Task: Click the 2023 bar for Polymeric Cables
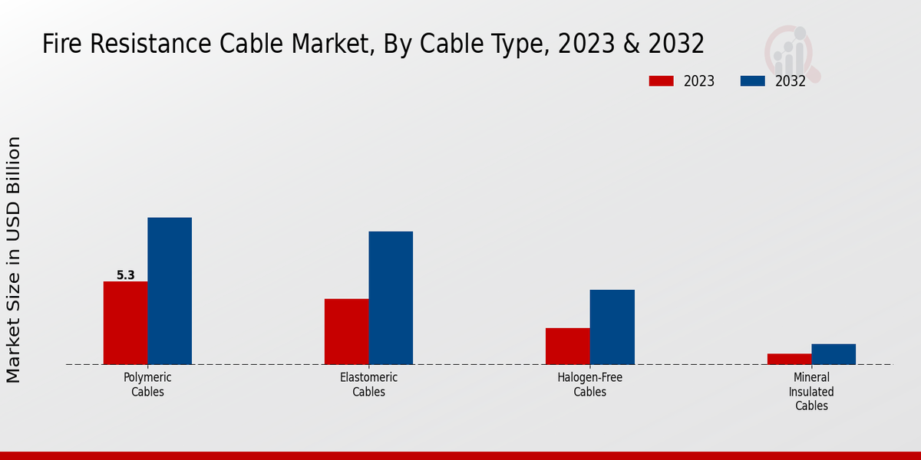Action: coord(125,323)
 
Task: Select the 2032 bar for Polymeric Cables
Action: coord(170,291)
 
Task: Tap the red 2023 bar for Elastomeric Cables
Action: coord(346,331)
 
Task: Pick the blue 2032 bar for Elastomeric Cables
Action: coord(391,297)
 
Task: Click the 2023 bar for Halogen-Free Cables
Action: coord(568,346)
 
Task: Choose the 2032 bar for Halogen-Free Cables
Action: coord(612,327)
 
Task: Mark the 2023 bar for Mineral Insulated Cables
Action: coord(789,359)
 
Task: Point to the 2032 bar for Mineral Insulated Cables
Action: coord(834,354)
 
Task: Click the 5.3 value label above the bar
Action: coord(126,275)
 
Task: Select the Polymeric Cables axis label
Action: coord(147,385)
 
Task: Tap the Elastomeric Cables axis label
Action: coord(368,385)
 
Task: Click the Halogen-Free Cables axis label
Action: coord(590,385)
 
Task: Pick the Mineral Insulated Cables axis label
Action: coord(811,392)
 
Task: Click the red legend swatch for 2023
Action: coord(661,81)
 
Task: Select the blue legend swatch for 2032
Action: coord(753,81)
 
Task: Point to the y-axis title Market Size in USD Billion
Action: coord(14,259)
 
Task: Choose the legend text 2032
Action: coord(791,81)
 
